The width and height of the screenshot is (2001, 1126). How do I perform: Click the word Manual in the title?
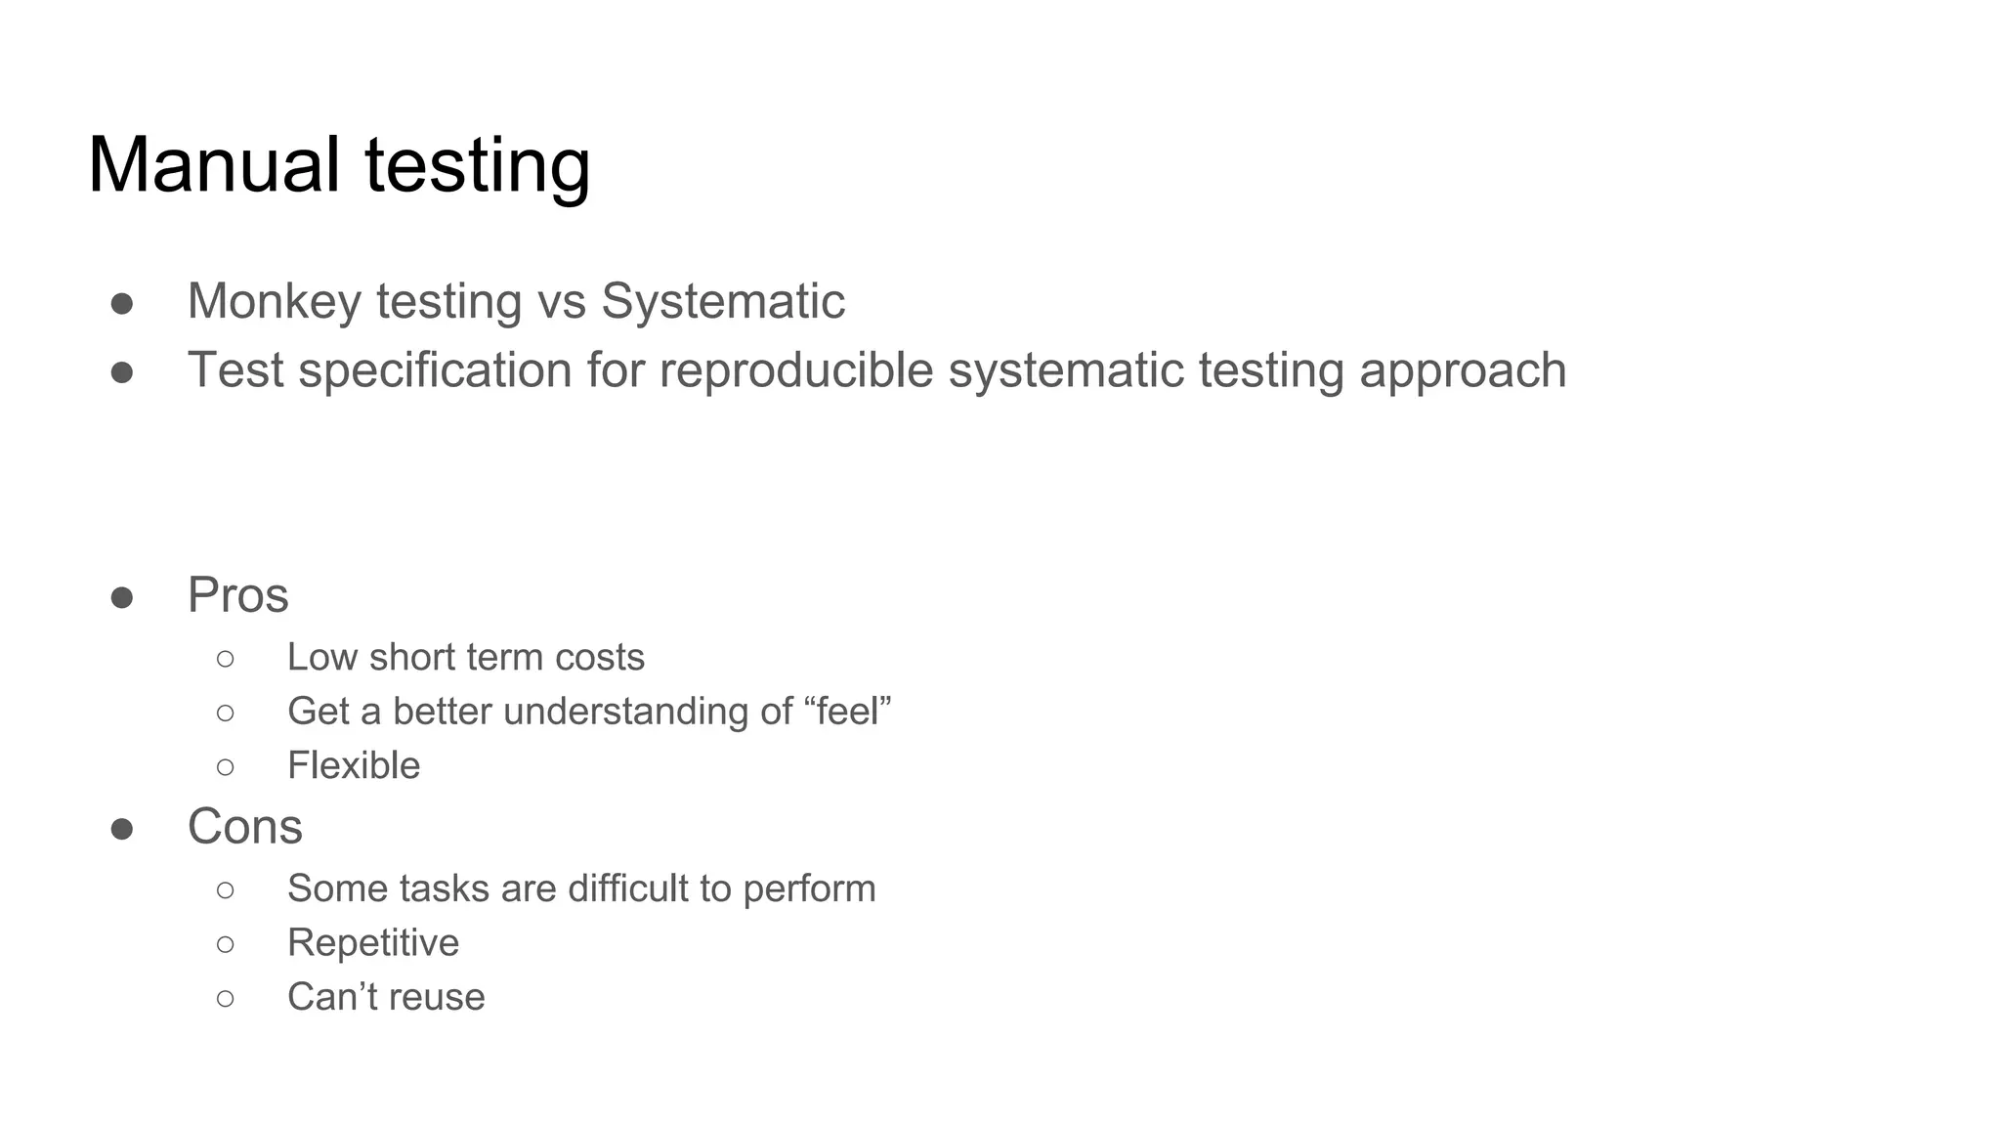point(214,165)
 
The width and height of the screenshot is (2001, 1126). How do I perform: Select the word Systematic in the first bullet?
point(722,301)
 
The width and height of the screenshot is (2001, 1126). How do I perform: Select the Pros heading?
point(237,595)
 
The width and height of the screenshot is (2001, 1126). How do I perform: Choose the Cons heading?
point(244,827)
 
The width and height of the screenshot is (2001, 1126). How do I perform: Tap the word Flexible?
point(353,765)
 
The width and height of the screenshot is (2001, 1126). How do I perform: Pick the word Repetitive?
point(372,943)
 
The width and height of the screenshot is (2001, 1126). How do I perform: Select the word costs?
point(599,658)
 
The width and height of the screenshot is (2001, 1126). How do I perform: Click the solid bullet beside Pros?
point(122,597)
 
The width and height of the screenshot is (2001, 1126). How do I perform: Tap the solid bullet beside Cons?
point(122,829)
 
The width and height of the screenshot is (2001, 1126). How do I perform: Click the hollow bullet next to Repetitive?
point(226,944)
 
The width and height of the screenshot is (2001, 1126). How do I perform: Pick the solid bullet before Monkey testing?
point(122,303)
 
